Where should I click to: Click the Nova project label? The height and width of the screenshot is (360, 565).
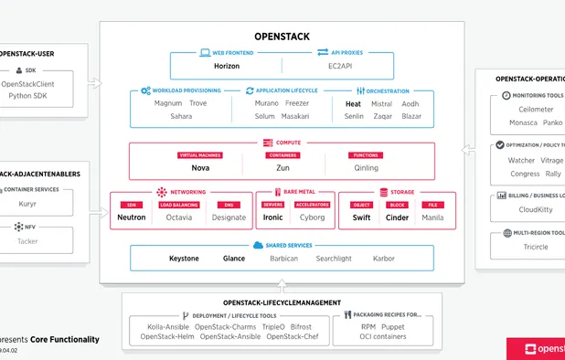pyautogui.click(x=200, y=167)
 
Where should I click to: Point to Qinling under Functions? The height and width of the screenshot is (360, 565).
pyautogui.click(x=365, y=167)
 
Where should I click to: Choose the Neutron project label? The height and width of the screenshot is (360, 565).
pyautogui.click(x=132, y=217)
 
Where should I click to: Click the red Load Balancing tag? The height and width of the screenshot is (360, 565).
pyautogui.click(x=178, y=205)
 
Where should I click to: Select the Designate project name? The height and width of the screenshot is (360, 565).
pyautogui.click(x=229, y=217)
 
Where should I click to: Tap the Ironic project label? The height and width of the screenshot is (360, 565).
pyautogui.click(x=273, y=217)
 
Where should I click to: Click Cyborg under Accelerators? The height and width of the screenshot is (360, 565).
pyautogui.click(x=312, y=217)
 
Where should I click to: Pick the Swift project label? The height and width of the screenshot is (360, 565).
pyautogui.click(x=362, y=217)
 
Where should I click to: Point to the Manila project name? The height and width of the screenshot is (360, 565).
pyautogui.click(x=432, y=217)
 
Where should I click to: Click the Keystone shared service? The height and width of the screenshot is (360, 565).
pyautogui.click(x=184, y=259)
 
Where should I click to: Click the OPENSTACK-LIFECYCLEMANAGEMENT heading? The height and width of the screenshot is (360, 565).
pyautogui.click(x=282, y=302)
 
